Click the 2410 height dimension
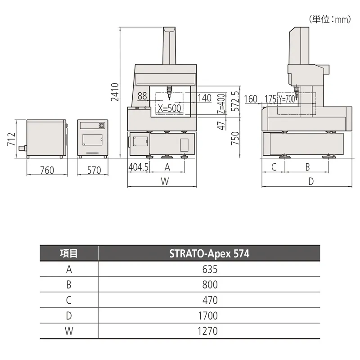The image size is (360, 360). coord(115,92)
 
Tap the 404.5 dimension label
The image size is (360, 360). coord(138,167)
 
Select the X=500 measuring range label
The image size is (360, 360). coord(170,108)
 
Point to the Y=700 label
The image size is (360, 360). coord(287,99)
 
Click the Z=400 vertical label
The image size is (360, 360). coord(221,104)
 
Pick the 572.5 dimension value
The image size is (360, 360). coord(235,101)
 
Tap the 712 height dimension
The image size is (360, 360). coord(12,139)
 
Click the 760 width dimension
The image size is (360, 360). coord(47,170)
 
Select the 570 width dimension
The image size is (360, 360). coord(94,170)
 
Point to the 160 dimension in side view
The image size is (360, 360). coord(251,99)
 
